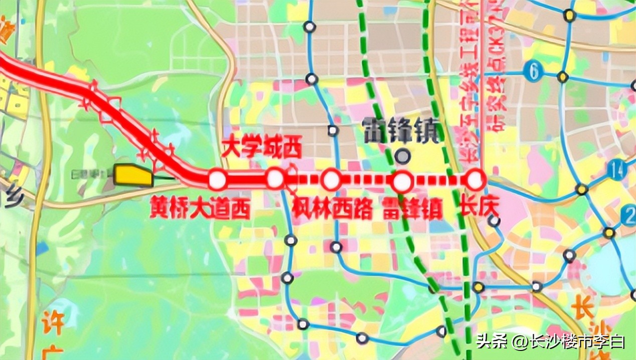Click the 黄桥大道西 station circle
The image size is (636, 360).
pos(217,180)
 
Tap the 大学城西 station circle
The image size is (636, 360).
pos(275,178)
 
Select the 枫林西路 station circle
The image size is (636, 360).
pos(331,180)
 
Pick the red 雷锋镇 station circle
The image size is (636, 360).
pos(402,182)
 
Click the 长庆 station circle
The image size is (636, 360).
pos(475,179)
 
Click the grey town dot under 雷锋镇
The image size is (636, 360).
pos(401,156)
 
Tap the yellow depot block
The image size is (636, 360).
pos(133,175)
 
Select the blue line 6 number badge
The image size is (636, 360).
pos(534,72)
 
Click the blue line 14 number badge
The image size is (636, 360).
pos(617,170)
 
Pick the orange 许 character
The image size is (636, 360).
pos(52,322)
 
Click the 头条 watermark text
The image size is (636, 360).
pos(489,342)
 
